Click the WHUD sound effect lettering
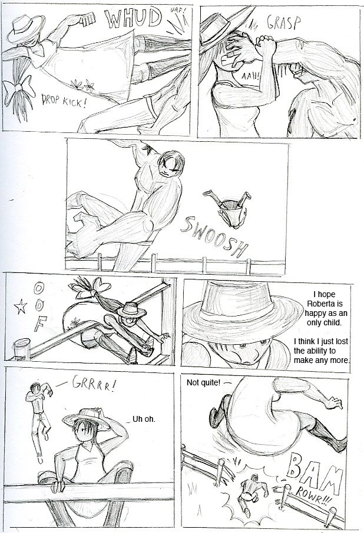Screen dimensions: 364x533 [133, 18]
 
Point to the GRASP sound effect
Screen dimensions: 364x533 [284, 23]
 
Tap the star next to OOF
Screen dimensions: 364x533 [21, 307]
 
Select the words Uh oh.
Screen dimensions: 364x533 [144, 419]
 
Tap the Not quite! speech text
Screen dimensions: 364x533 [203, 383]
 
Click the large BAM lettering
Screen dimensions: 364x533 [313, 473]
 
